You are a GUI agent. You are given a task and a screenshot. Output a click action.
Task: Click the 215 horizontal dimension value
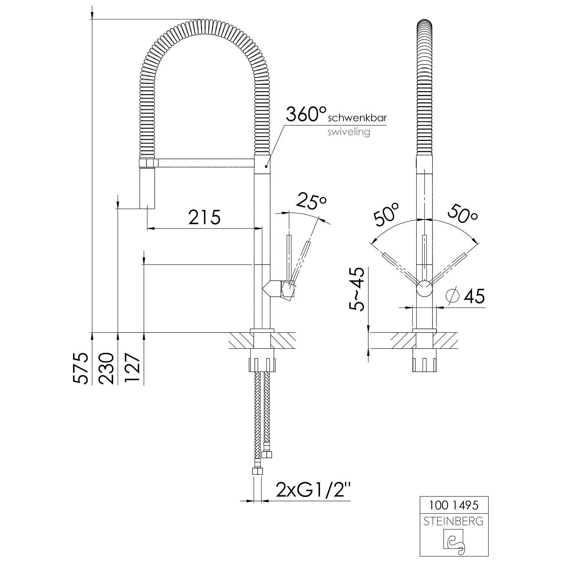[204, 217]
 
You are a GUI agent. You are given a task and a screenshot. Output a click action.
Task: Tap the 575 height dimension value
[81, 368]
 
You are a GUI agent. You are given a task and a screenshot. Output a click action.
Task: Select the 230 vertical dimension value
[106, 368]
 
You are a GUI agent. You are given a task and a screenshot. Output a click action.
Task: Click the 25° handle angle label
[311, 202]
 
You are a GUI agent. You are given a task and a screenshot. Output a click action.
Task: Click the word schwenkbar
[357, 118]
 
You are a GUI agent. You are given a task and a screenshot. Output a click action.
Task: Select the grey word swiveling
[349, 132]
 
